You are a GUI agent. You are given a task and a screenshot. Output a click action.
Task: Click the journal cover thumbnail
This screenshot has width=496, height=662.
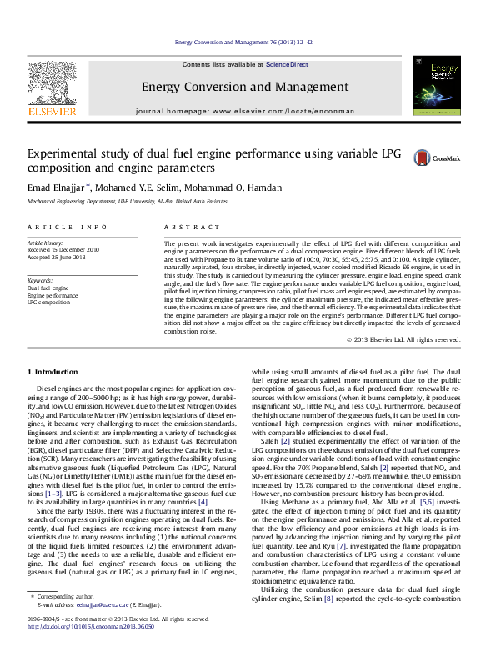coord(437,86)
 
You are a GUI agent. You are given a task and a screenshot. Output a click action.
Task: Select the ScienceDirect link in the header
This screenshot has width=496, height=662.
coord(287,64)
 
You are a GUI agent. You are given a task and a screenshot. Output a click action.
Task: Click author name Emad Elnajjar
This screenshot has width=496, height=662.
coord(57,188)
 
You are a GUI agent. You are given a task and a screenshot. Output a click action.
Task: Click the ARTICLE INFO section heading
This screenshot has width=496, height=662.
coord(68,227)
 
